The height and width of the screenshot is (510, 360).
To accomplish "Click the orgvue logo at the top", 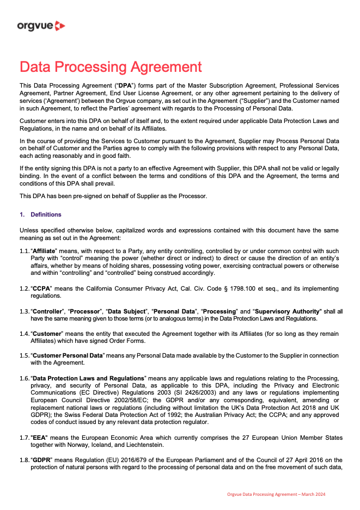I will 41,26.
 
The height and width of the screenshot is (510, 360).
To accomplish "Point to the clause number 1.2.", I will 25,289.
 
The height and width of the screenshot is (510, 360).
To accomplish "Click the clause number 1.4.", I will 25,333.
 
